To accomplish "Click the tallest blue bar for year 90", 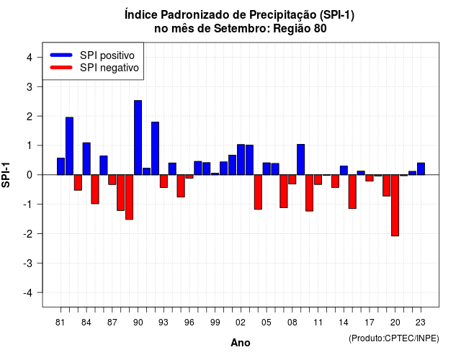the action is coord(138,138).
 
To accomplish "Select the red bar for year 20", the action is coord(395,205).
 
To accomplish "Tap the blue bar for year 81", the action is coord(61,166).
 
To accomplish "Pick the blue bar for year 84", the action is coord(86,158).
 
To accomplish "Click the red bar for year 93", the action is coord(164,181).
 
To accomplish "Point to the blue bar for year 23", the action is coord(421,168).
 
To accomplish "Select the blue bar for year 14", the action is coord(344,170).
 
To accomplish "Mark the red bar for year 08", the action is coord(292,179).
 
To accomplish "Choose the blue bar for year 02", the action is coord(241,160).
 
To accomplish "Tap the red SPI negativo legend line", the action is coord(61,67).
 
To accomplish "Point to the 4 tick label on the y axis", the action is coord(30,57).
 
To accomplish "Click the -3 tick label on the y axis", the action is coord(28,263).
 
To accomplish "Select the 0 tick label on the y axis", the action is coord(30,175).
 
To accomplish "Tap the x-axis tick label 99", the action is coord(215,323).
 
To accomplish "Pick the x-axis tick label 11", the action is coord(318,323).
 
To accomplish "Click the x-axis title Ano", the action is coord(241,343).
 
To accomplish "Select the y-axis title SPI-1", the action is coord(6,175).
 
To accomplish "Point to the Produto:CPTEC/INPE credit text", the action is coord(394,338).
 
